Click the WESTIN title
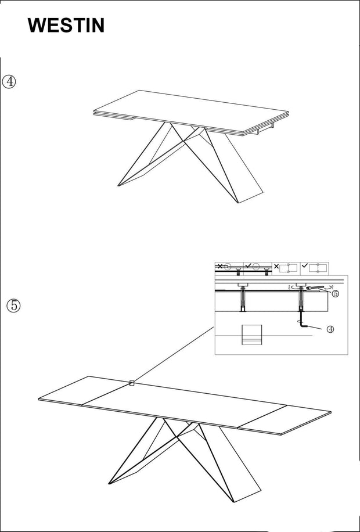click(x=66, y=26)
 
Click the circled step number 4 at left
click(x=9, y=81)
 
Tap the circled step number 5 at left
click(x=13, y=305)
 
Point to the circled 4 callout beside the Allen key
click(x=330, y=329)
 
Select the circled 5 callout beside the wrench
click(x=335, y=294)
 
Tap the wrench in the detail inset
click(x=316, y=288)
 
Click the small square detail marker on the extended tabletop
click(x=132, y=383)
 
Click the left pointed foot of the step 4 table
click(x=120, y=185)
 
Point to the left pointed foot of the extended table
click(x=110, y=483)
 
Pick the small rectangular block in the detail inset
click(x=251, y=335)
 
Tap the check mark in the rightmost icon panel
click(x=305, y=266)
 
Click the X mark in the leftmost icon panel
click(x=219, y=266)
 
